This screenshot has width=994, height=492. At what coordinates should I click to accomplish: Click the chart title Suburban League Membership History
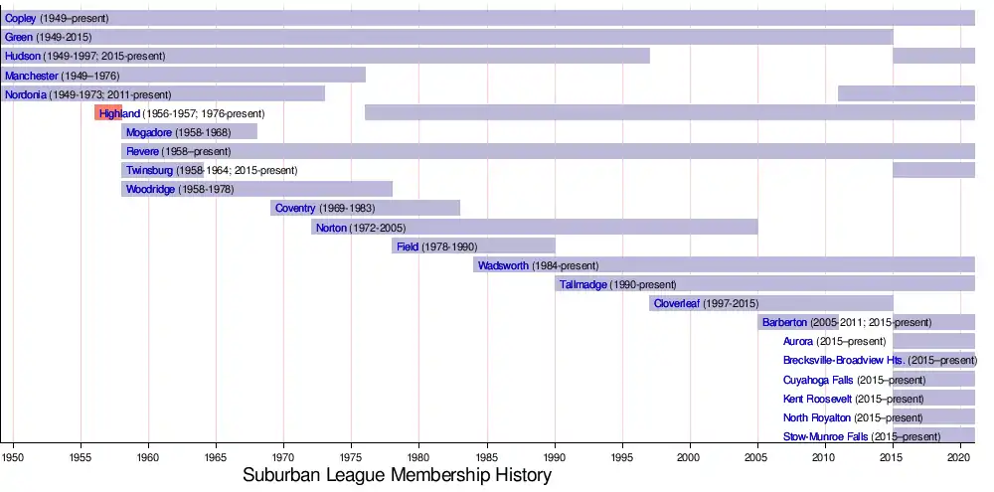397,475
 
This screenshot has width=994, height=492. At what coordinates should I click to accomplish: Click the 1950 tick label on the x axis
13,457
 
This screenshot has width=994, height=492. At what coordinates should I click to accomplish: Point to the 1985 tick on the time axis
487,457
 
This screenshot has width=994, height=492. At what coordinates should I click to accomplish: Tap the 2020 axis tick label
959,457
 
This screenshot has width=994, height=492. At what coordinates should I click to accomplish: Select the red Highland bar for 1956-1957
107,113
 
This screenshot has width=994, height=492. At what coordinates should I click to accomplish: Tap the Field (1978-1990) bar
497,246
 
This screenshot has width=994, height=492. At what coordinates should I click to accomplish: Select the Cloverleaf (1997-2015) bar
795,303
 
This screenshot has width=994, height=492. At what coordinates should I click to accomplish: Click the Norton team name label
331,228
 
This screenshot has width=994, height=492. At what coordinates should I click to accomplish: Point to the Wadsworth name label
503,265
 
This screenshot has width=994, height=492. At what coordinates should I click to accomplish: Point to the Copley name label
21,19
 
